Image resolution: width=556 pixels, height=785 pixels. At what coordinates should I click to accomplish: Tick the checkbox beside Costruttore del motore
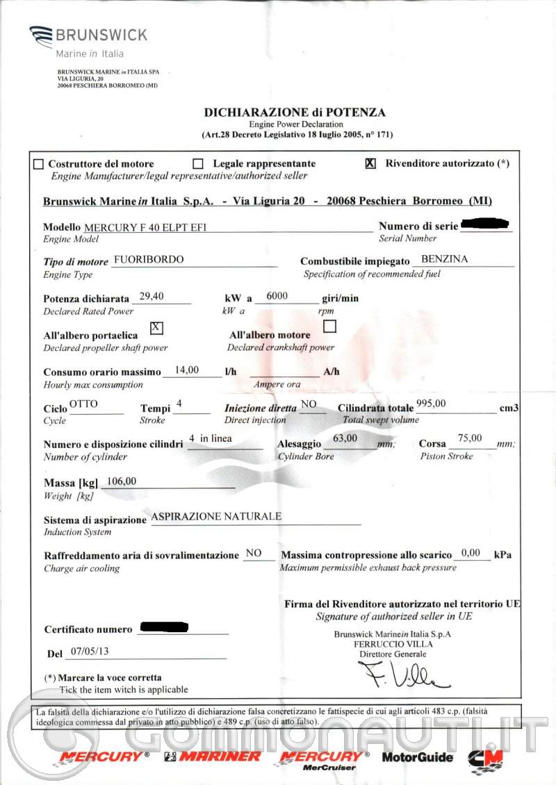38,165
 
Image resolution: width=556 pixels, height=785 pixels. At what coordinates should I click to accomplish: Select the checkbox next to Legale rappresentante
198,164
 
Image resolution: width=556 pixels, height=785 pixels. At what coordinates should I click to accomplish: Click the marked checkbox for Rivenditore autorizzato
370,163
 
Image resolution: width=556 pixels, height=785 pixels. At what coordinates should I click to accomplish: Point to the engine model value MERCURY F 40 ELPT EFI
145,227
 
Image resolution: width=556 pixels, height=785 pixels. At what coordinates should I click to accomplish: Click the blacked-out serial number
485,224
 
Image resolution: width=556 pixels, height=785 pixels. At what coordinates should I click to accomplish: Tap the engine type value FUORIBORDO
148,260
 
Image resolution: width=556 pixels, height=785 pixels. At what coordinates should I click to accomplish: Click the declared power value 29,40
152,296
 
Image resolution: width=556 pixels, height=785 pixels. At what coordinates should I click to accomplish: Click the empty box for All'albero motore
330,325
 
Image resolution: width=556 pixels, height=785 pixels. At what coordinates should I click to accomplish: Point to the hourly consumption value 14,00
187,370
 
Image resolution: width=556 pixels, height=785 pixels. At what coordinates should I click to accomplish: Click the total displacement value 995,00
431,403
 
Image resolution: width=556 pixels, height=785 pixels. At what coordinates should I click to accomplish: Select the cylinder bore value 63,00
345,438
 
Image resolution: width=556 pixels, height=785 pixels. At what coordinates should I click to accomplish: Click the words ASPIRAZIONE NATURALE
216,516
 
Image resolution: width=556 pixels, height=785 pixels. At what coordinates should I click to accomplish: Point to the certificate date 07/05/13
90,652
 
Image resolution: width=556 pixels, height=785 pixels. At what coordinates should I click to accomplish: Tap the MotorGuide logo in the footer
417,757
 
